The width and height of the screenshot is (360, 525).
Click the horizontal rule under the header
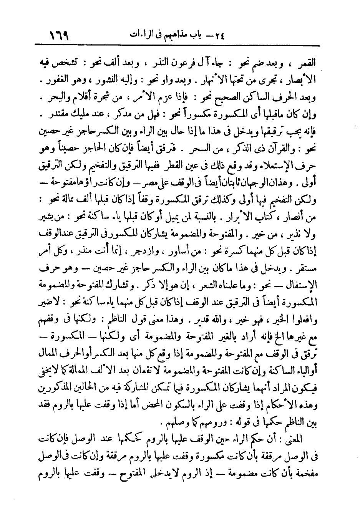coord(180,46)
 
